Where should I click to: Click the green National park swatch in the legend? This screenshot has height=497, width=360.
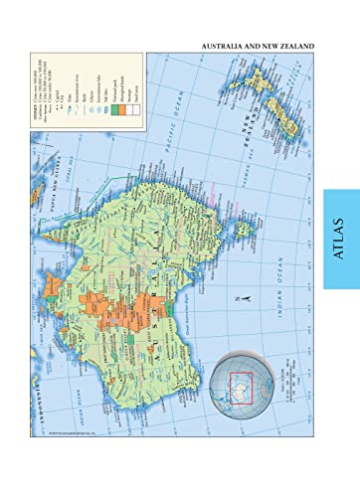point(117,110)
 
